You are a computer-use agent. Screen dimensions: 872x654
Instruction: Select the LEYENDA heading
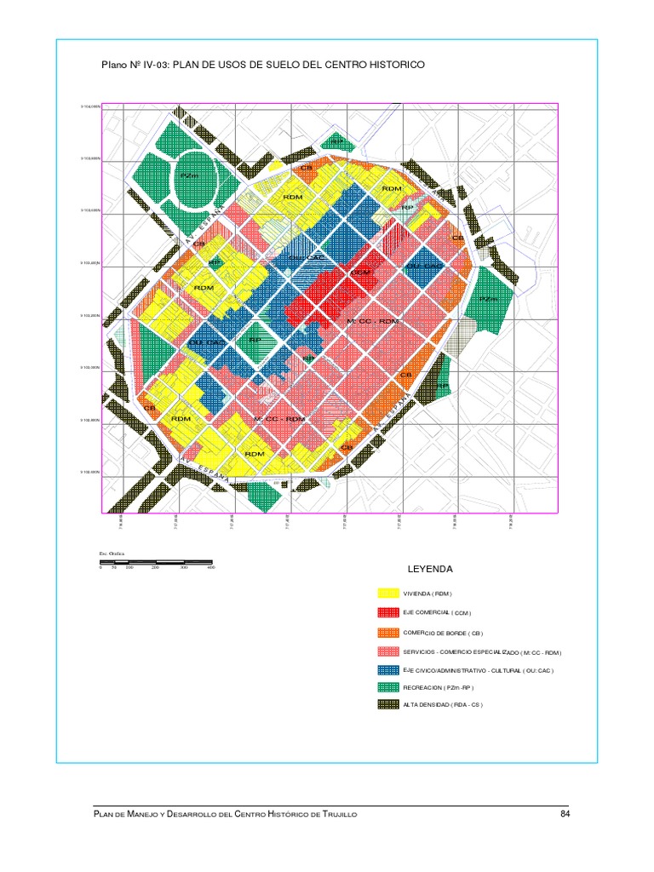tap(432, 569)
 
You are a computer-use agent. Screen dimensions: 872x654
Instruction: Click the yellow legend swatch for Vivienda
tap(388, 594)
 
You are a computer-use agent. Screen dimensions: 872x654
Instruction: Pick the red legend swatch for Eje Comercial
tap(388, 613)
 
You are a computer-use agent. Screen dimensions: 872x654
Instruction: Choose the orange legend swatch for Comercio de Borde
tap(388, 633)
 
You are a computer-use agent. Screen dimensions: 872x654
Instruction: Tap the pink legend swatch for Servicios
tap(388, 652)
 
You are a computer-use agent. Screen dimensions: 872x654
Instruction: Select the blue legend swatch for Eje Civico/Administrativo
tap(388, 669)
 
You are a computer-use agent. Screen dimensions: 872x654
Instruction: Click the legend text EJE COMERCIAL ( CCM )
tap(437, 613)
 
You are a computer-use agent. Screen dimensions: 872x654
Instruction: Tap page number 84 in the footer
tap(565, 815)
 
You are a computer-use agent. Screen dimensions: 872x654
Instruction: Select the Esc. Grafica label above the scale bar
tap(112, 554)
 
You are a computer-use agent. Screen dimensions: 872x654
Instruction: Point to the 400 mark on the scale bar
tap(210, 567)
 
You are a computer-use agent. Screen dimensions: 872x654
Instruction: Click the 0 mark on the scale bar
tap(100, 567)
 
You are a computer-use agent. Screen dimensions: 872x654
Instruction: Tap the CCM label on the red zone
tap(361, 272)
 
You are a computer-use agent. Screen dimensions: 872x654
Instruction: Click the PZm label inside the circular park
tap(189, 176)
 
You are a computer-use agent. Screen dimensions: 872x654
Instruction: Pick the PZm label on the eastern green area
tap(487, 299)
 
